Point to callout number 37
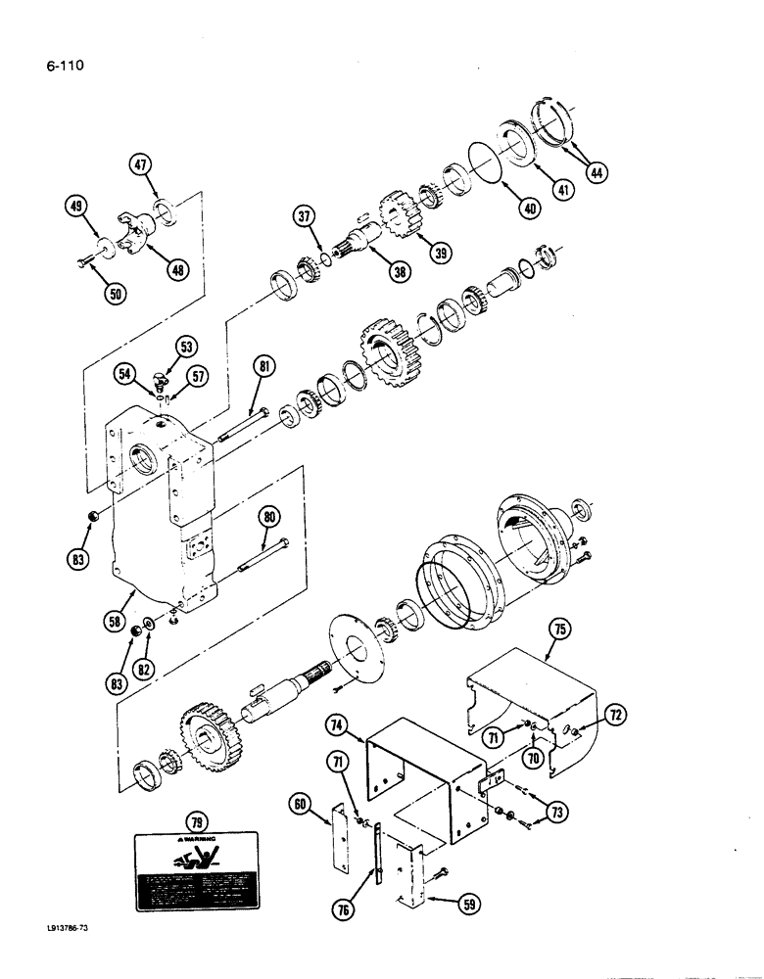(304, 215)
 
